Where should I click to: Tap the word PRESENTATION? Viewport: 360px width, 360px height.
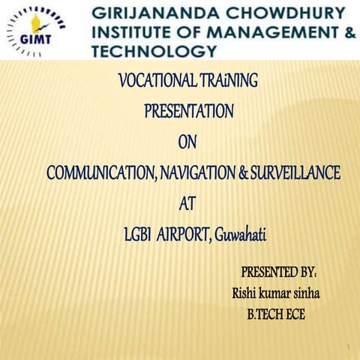(x=188, y=110)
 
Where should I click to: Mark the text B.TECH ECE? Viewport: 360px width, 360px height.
(x=276, y=314)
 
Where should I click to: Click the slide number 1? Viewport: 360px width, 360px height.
(x=349, y=347)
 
